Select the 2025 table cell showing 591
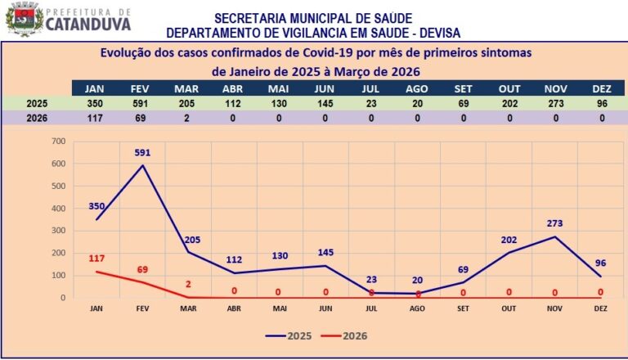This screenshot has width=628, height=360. click(139, 104)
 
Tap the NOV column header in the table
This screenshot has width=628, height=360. click(555, 88)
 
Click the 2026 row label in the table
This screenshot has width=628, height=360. click(37, 119)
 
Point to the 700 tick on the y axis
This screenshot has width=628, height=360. click(57, 142)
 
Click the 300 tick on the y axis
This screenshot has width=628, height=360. click(57, 231)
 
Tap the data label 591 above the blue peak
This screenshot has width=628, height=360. click(143, 153)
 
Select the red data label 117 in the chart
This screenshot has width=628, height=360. click(96, 259)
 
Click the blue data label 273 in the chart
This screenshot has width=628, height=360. click(555, 223)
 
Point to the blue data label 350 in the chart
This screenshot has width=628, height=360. click(96, 207)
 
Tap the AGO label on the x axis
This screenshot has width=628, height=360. click(417, 309)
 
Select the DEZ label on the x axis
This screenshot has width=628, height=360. click(600, 309)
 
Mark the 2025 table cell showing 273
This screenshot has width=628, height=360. click(555, 104)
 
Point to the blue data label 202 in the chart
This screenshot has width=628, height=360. click(509, 239)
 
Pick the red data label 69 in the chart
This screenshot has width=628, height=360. click(143, 269)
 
